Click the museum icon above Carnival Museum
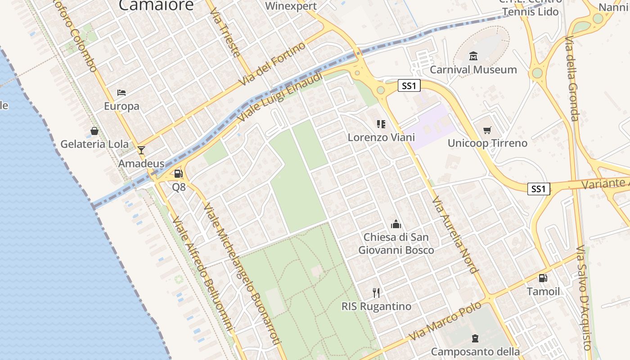(473, 56)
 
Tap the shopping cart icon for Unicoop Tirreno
(487, 130)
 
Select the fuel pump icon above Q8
(179, 174)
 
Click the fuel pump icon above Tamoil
(543, 278)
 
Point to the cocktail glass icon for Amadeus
(141, 150)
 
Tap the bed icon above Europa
(121, 93)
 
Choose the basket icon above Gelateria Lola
(94, 131)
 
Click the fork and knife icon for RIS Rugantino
(376, 293)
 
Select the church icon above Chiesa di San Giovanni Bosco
(396, 224)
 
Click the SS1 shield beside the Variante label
(539, 189)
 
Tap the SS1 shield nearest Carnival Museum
(409, 85)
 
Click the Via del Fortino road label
(273, 63)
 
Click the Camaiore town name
(156, 5)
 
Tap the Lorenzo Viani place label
(381, 137)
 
